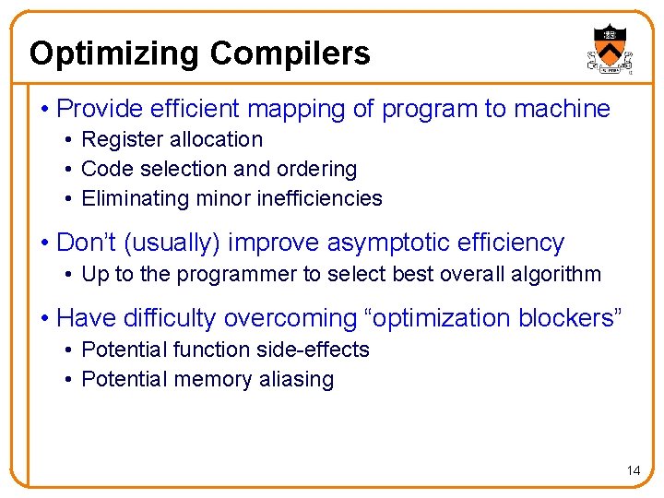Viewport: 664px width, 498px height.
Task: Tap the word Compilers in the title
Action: (x=290, y=53)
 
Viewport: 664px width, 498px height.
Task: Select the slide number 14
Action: (x=633, y=470)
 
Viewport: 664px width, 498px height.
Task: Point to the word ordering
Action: (x=318, y=170)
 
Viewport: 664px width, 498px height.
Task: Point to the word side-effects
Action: (x=314, y=350)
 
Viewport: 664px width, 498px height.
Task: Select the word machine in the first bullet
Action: (x=562, y=110)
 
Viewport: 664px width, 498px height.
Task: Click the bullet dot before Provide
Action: (x=44, y=110)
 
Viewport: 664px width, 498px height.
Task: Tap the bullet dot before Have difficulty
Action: (x=44, y=319)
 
